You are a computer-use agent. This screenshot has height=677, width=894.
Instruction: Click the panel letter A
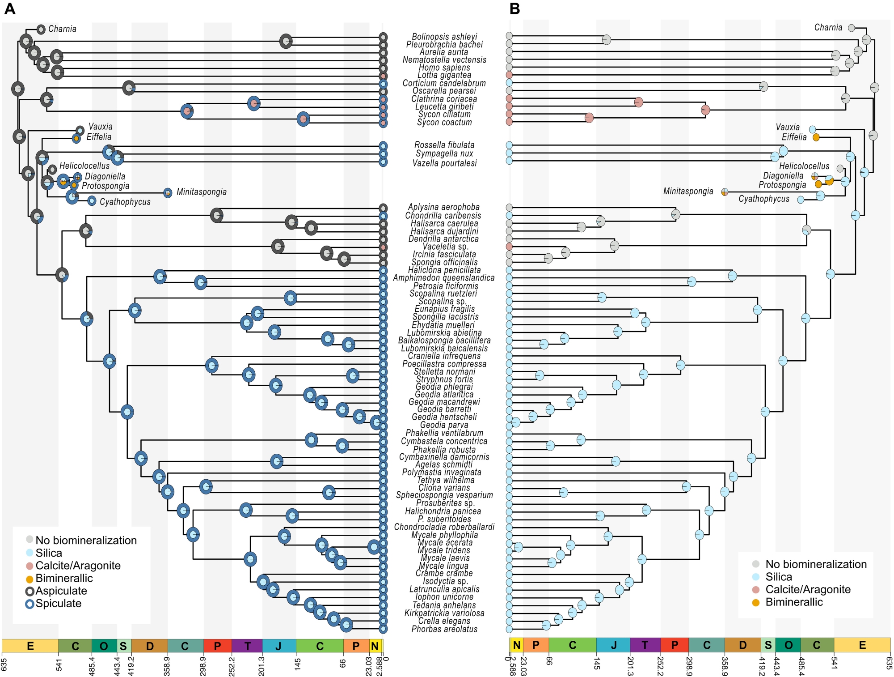click(x=9, y=9)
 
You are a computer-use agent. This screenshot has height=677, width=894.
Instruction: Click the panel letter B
click(x=514, y=9)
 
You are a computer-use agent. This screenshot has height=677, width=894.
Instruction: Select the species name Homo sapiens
click(x=444, y=68)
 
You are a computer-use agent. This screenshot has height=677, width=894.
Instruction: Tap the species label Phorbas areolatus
click(x=444, y=629)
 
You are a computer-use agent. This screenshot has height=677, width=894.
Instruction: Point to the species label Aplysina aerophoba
click(x=443, y=207)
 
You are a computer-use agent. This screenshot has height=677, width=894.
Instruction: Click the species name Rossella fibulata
click(x=444, y=145)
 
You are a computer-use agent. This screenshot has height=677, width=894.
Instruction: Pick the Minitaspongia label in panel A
click(x=201, y=192)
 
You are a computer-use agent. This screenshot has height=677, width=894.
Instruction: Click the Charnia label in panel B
click(x=828, y=28)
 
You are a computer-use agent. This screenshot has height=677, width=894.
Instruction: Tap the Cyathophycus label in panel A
click(x=125, y=202)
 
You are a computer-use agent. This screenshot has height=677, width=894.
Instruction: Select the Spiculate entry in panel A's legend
click(x=58, y=604)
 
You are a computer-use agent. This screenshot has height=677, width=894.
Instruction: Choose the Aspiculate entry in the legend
click(x=61, y=591)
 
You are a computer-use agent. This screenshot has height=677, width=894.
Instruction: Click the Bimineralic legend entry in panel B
click(x=794, y=602)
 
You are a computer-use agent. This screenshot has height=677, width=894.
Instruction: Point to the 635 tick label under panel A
click(x=4, y=664)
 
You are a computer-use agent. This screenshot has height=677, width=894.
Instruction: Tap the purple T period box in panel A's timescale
click(x=247, y=646)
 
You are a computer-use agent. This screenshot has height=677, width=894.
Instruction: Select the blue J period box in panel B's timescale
click(x=613, y=645)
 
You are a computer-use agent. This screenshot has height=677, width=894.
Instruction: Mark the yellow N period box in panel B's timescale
click(x=516, y=645)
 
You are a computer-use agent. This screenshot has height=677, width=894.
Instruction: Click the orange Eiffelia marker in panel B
click(x=816, y=137)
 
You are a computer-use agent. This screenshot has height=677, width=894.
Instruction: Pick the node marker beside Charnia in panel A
click(x=41, y=30)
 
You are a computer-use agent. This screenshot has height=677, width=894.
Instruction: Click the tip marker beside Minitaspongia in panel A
click(x=168, y=193)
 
